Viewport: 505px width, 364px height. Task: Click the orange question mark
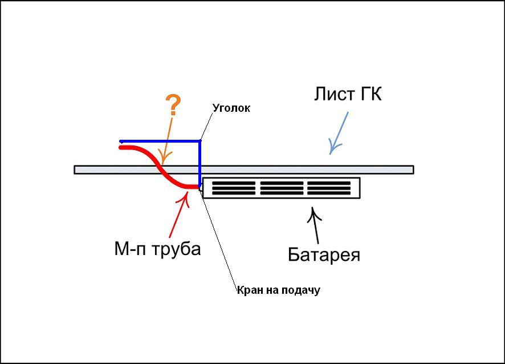(x=173, y=106)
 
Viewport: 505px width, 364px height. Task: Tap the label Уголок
(x=231, y=108)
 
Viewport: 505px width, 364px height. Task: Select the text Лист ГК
(x=348, y=94)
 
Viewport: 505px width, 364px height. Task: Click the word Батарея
(x=324, y=254)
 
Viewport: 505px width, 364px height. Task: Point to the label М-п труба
(x=158, y=249)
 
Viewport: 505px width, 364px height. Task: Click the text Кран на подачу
(x=279, y=290)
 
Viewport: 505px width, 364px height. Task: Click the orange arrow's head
(x=163, y=159)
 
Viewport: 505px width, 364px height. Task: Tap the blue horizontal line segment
(x=160, y=141)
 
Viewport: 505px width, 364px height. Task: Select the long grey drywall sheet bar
(x=285, y=169)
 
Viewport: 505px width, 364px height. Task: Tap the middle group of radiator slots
(x=282, y=188)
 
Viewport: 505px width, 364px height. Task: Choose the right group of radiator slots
(x=329, y=188)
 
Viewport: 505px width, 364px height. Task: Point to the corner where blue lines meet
(x=200, y=141)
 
